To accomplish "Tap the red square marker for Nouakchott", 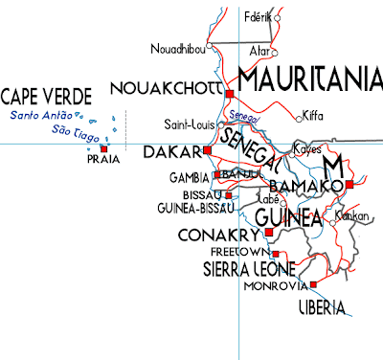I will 230,92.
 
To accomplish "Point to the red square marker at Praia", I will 103,148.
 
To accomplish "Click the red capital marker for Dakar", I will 207,150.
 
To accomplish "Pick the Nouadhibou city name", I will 179,48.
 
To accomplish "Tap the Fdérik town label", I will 258,17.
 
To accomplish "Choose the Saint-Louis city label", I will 188,124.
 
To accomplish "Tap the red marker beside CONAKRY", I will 265,234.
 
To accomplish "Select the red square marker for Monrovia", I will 313,283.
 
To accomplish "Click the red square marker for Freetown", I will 276,253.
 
